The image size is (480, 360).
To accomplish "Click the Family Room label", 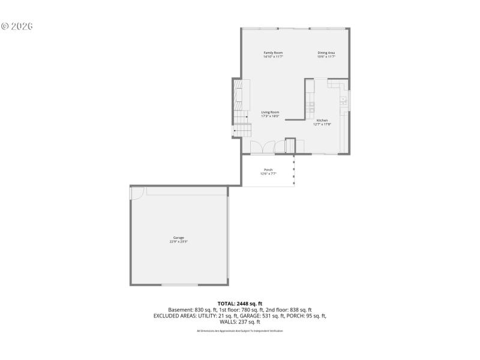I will pyautogui.click(x=273, y=53).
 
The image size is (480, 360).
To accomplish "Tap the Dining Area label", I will pyautogui.click(x=326, y=53).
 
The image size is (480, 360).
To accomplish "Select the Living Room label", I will pyautogui.click(x=270, y=112).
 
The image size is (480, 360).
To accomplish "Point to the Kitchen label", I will pyautogui.click(x=322, y=121).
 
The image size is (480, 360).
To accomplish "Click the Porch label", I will pyautogui.click(x=268, y=170).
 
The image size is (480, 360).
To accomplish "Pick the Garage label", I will pyautogui.click(x=179, y=238).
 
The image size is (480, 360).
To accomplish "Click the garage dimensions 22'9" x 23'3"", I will pyautogui.click(x=179, y=242).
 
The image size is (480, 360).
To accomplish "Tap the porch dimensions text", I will pyautogui.click(x=268, y=174).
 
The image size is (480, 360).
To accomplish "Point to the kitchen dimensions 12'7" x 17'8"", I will pyautogui.click(x=322, y=125).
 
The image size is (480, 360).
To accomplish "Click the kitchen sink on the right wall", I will pyautogui.click(x=344, y=100).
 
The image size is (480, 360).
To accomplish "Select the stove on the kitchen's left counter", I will pyautogui.click(x=310, y=107).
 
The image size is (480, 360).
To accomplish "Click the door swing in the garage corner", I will pyautogui.click(x=137, y=193).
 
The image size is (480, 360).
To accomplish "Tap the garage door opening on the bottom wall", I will pyautogui.click(x=180, y=284).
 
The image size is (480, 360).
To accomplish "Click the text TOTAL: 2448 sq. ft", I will pyautogui.click(x=240, y=304).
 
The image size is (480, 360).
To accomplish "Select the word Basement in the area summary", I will pyautogui.click(x=179, y=310).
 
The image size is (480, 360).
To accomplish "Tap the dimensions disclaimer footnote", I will pyautogui.click(x=240, y=331).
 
